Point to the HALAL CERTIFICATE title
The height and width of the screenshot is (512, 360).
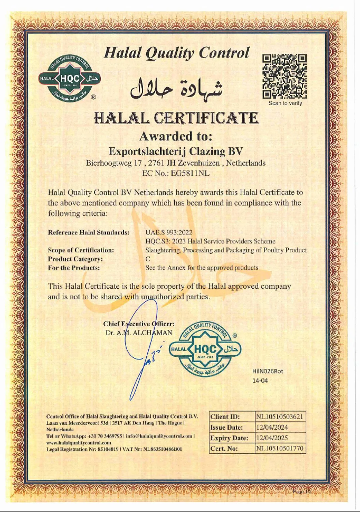pos(176,117)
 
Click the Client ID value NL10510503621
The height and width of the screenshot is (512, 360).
pos(280,418)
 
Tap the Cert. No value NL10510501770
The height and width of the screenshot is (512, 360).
pos(280,449)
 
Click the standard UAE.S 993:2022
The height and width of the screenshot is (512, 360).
pos(168,232)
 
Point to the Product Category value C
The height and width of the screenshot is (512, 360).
pos(148,259)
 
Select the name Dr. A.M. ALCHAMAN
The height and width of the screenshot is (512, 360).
pos(138,333)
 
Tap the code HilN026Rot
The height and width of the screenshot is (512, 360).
pos(268,371)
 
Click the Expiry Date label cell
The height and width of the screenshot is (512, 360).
pos(230,438)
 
